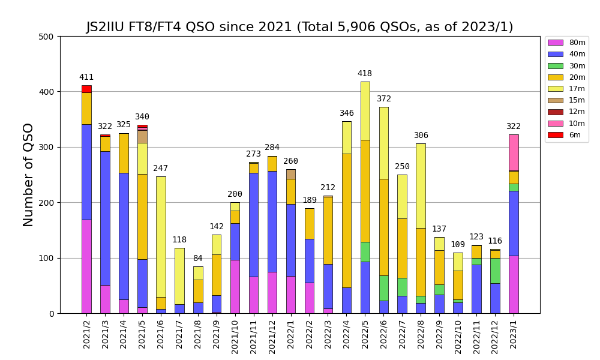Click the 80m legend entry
(x=566, y=43)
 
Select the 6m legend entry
(x=566, y=135)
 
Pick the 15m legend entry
(x=566, y=100)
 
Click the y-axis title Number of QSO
(x=28, y=175)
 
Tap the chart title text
(x=299, y=27)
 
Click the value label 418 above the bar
(x=365, y=74)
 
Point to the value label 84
(x=198, y=259)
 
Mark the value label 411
(x=86, y=77)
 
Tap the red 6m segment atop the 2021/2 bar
(x=86, y=89)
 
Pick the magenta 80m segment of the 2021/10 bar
(x=235, y=286)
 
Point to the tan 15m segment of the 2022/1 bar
(x=291, y=174)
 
